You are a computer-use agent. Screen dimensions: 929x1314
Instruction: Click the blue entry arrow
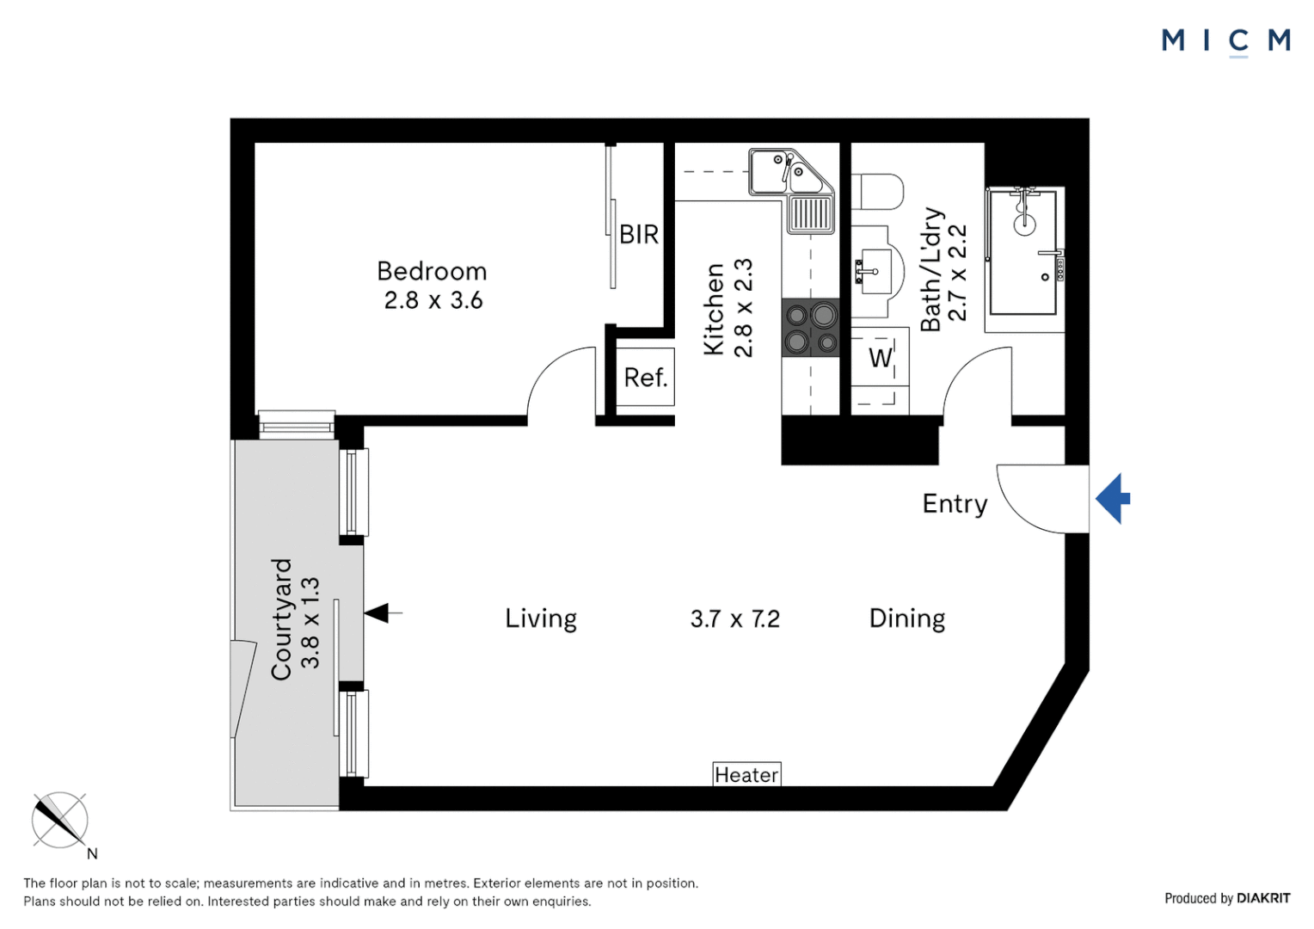(1112, 498)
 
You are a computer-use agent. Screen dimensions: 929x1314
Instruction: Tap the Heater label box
(746, 775)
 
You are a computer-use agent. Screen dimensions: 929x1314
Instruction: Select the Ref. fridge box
(645, 377)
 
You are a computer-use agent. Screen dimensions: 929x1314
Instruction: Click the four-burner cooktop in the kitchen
(810, 328)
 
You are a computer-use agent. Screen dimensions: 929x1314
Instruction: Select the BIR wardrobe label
(639, 234)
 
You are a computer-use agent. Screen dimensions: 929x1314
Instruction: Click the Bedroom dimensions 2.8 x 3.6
(433, 300)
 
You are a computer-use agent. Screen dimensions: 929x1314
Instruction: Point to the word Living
(540, 618)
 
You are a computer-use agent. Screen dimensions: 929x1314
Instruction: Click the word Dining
(906, 618)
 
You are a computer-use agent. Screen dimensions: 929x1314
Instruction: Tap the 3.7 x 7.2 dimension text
(734, 619)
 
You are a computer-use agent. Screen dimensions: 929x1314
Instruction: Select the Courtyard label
(282, 619)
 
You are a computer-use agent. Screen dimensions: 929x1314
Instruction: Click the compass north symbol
(60, 821)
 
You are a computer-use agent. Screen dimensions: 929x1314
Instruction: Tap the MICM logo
(1225, 40)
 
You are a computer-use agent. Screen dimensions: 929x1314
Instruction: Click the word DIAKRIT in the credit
(1263, 898)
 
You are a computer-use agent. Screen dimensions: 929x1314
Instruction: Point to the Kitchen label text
(714, 309)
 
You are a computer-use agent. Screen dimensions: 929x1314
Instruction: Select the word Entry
(955, 503)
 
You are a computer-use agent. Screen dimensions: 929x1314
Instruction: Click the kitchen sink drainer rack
(810, 213)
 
